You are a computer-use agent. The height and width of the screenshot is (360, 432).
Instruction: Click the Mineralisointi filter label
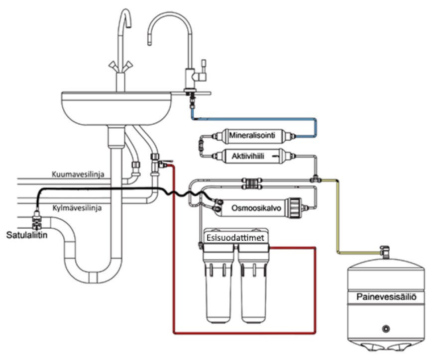pos(252,135)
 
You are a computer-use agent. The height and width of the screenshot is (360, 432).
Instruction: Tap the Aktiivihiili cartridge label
pos(248,156)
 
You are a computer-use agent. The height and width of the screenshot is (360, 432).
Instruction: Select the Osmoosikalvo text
pos(256,208)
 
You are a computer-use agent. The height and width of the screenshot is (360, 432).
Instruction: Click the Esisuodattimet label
pos(235,238)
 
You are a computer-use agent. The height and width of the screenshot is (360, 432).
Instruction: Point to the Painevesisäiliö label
pos(386,297)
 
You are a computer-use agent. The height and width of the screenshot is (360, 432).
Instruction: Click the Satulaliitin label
pos(27,235)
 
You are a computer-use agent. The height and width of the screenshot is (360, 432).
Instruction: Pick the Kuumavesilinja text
pos(78,174)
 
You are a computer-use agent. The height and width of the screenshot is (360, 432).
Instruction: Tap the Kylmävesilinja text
pos(77,207)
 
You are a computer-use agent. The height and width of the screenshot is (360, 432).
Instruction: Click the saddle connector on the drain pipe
pos(37,220)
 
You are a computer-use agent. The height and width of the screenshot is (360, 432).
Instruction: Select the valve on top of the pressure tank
pos(385,252)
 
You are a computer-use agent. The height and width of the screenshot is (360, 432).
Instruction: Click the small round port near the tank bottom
pos(386,328)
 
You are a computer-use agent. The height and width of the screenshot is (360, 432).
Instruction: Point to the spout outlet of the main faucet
pos(128,25)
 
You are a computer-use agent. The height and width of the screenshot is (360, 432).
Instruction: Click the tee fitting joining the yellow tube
pos(316,179)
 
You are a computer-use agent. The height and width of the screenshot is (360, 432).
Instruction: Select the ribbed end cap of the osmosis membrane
pos(294,208)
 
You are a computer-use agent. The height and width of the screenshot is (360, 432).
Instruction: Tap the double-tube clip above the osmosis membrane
pos(251,184)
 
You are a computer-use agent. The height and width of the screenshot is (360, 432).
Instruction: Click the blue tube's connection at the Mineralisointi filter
pos(294,136)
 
